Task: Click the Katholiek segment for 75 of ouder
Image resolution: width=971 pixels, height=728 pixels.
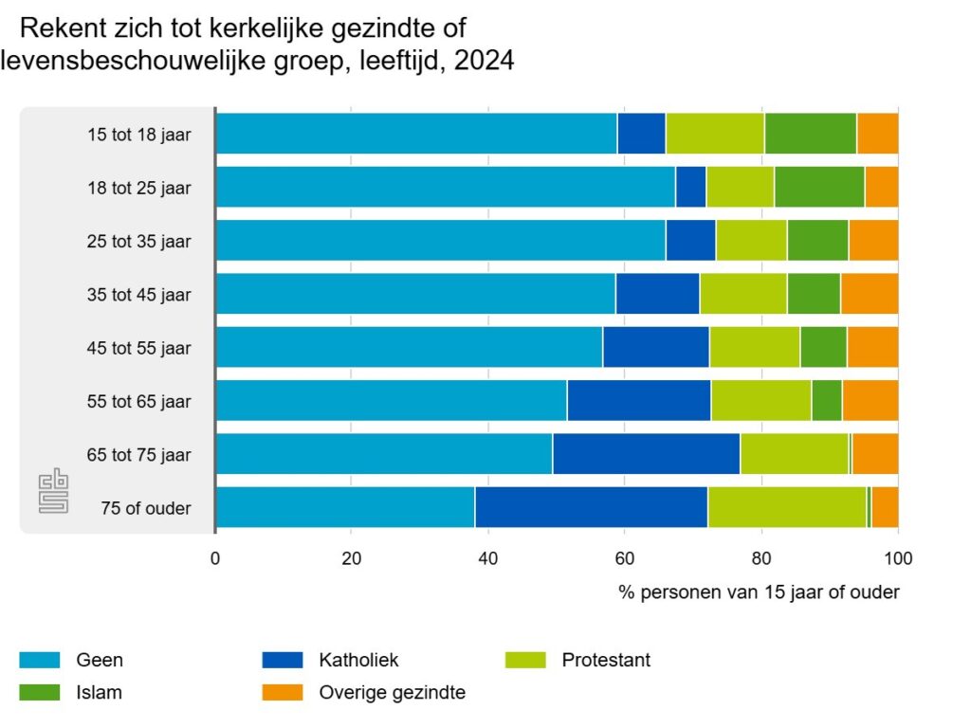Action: (591, 507)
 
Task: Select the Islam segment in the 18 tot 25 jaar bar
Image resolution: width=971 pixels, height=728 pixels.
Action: (819, 187)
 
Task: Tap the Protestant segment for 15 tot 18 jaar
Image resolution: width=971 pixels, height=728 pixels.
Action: (714, 134)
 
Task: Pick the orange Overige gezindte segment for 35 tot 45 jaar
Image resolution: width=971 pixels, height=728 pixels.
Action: (869, 294)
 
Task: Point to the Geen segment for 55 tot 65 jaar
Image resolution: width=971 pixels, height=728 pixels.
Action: (391, 401)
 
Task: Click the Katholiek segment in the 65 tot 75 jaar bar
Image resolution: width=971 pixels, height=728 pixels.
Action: (646, 454)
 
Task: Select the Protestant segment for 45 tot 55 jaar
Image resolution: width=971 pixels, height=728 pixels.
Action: (754, 347)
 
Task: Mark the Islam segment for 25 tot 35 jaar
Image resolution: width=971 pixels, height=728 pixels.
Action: (817, 241)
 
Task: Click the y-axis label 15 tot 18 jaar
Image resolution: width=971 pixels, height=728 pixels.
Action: (138, 135)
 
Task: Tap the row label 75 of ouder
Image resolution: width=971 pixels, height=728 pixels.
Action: (146, 508)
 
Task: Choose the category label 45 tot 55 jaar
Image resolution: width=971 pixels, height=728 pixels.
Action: (138, 348)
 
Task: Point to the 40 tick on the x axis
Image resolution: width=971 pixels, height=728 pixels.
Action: (487, 558)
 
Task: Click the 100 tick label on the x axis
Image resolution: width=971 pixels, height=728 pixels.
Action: (897, 558)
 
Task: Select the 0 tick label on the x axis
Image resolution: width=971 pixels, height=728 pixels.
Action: (215, 558)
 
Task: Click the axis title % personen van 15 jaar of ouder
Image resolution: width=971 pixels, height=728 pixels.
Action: (759, 592)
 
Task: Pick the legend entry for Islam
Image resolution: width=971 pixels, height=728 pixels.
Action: (99, 692)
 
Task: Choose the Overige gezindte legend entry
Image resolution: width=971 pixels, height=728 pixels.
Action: (390, 692)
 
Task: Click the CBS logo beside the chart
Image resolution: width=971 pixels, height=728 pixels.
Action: (53, 493)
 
